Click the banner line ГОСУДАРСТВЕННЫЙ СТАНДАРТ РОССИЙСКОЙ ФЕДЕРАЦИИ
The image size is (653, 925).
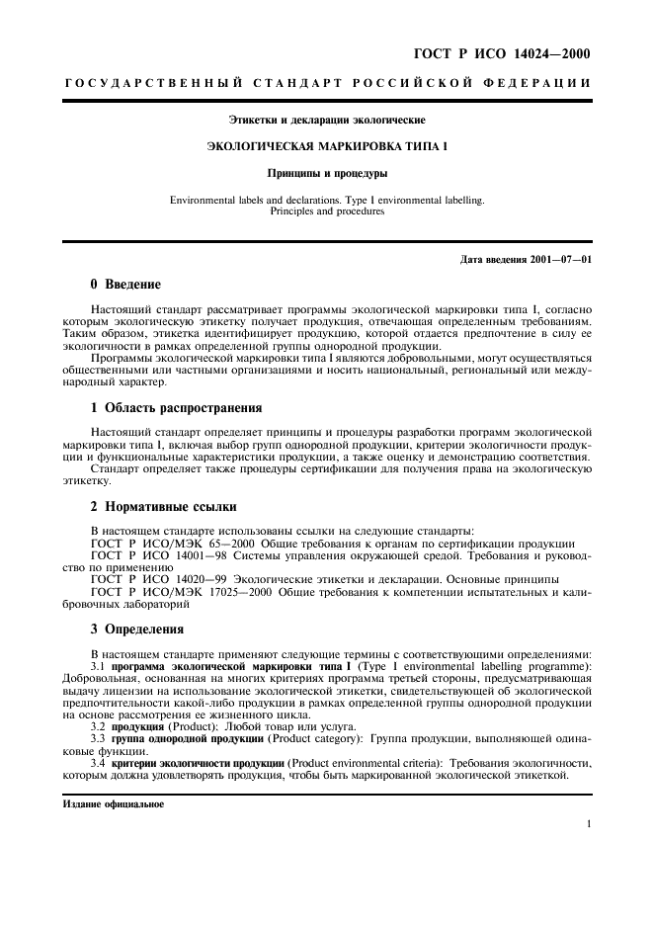[327, 84]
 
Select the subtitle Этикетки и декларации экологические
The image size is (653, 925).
[327, 121]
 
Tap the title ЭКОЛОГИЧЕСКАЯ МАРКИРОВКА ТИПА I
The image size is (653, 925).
[327, 146]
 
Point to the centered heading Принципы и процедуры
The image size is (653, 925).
[327, 173]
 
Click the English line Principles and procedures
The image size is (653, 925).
[327, 210]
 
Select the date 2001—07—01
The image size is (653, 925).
[559, 260]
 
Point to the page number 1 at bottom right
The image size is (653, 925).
[588, 824]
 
